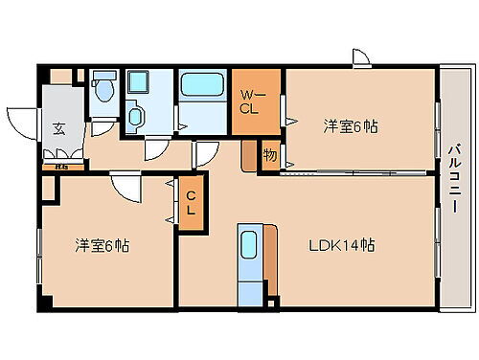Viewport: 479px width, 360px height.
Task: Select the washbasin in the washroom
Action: click(x=135, y=118)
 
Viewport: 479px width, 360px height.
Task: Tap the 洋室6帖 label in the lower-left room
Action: click(x=103, y=246)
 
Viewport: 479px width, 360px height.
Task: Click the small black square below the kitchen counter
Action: click(x=271, y=304)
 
